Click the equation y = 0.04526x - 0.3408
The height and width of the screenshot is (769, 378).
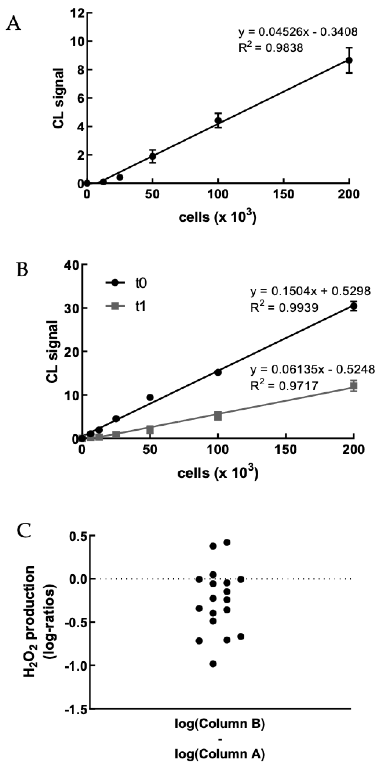(x=298, y=32)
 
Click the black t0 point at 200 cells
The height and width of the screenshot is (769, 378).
(x=353, y=306)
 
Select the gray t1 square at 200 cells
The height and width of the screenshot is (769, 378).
(x=353, y=386)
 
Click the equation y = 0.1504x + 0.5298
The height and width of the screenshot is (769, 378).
(x=310, y=291)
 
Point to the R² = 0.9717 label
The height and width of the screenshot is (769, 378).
(x=284, y=386)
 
